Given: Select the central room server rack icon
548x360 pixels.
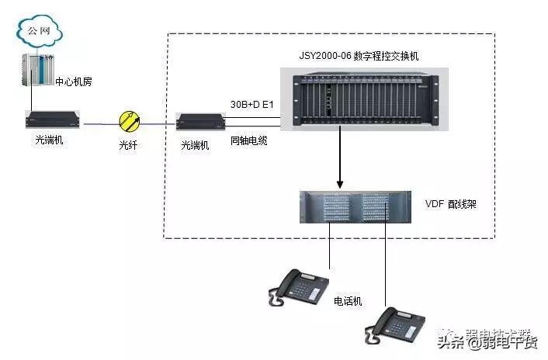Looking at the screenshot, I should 36,71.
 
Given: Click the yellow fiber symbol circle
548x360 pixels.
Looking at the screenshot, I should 129,120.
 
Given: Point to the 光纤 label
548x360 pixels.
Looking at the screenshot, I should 128,145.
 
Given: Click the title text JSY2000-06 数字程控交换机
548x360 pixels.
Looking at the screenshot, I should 365,57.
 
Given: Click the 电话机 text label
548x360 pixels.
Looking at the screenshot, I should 348,300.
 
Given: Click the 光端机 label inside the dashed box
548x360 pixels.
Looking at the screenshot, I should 196,145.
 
